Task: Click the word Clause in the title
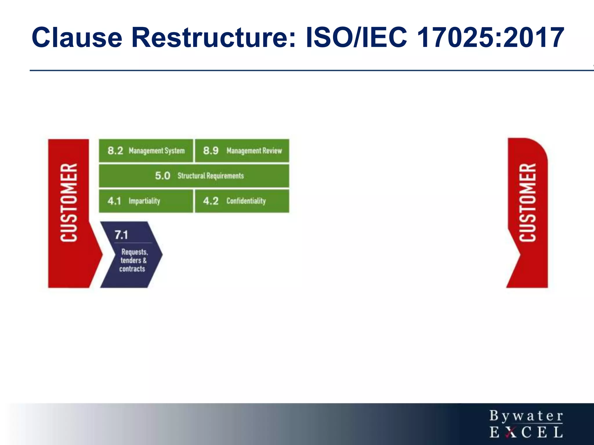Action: coord(77,38)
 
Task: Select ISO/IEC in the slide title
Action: coord(357,38)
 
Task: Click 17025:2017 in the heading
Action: coord(490,38)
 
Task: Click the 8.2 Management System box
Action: coord(146,151)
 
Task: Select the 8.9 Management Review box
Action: coord(242,151)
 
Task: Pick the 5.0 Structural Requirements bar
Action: coord(194,176)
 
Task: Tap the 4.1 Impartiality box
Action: coord(146,201)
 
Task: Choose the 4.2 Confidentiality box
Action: coord(242,201)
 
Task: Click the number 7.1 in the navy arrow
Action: coord(121,235)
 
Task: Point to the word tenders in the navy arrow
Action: coord(131,260)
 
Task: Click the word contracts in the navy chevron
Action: coord(132,269)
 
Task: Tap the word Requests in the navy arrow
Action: coord(135,252)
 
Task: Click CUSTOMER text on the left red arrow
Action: coord(69,203)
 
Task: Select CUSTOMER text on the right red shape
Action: coord(528,203)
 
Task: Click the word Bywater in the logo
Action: coord(526,416)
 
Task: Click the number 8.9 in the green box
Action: coord(211,151)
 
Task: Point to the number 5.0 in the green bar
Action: coord(162,176)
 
